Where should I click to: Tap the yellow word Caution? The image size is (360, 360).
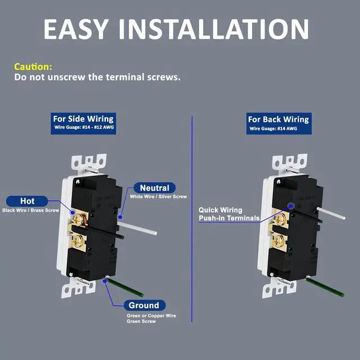click(x=33, y=66)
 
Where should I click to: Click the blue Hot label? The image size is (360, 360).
click(x=28, y=201)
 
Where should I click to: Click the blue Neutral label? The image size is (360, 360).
click(x=155, y=188)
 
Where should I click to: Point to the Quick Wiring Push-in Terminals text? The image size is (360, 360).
click(x=229, y=214)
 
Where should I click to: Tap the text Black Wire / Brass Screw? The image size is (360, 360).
click(x=30, y=210)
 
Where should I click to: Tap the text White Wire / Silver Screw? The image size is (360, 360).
click(x=158, y=197)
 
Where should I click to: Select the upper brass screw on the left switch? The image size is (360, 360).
click(x=79, y=215)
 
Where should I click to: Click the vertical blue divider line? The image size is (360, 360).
click(x=192, y=225)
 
